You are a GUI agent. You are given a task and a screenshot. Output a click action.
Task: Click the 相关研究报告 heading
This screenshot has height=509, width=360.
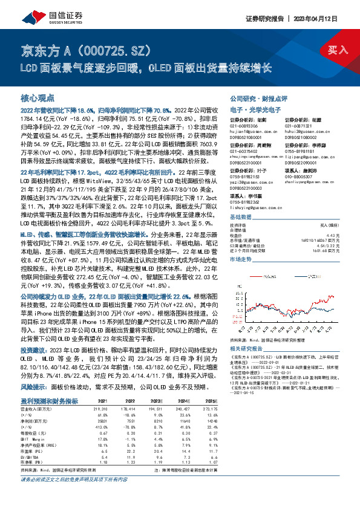pos(245,350)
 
